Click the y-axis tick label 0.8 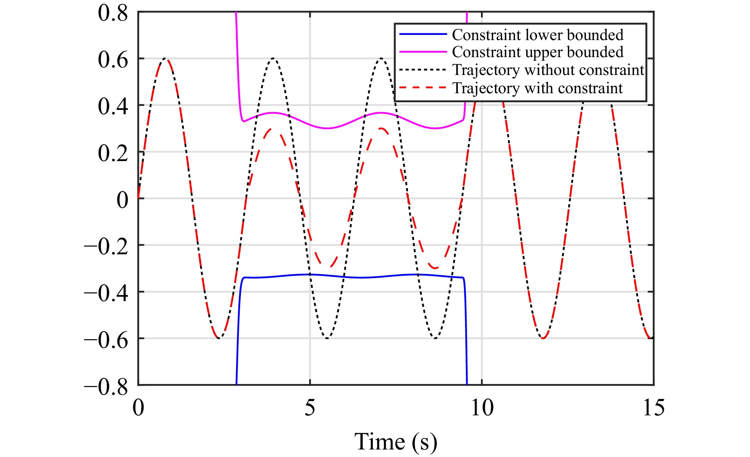[113, 13]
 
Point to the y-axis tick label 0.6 [113, 60]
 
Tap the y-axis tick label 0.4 [113, 106]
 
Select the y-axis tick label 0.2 [113, 153]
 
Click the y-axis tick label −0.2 [106, 246]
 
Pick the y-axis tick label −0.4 [106, 293]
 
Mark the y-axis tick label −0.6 [106, 340]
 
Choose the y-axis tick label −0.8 [106, 386]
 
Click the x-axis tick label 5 [310, 408]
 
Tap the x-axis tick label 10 [482, 408]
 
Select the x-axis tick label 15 [653, 408]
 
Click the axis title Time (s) [396, 442]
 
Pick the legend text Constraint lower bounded [538, 35]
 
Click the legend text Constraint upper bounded [538, 52]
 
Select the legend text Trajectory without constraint [548, 70]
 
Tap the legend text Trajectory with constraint [538, 88]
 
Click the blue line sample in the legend [423, 35]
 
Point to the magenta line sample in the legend [423, 52]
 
